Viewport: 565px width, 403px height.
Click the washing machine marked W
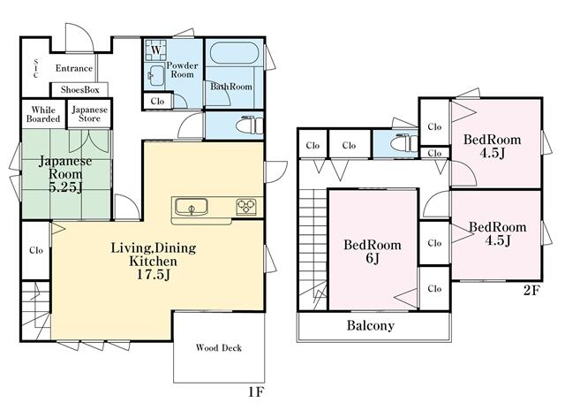pos(155,49)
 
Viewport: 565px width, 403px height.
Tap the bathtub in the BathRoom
pos(234,54)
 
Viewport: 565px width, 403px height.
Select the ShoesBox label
pos(79,90)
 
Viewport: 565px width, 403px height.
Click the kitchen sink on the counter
pos(192,208)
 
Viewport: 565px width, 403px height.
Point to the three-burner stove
pos(246,207)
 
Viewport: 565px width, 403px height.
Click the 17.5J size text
pos(153,275)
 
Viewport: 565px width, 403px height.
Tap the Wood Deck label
pos(219,348)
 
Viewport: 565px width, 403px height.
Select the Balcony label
pos(371,325)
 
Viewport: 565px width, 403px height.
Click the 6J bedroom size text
pos(373,259)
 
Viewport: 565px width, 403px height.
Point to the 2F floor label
pos(531,291)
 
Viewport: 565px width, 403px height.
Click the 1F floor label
pos(256,392)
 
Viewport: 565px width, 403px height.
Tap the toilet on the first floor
pos(249,125)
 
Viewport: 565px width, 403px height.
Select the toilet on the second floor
pos(404,142)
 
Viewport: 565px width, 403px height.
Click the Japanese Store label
pos(90,114)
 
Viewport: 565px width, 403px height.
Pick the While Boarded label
pos(43,114)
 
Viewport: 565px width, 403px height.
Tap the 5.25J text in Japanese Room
pos(65,187)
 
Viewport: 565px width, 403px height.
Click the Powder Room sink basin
pos(156,75)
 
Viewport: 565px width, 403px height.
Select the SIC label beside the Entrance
pos(35,68)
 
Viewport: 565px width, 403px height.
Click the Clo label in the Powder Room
pos(157,102)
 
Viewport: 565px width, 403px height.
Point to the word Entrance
pos(74,68)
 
